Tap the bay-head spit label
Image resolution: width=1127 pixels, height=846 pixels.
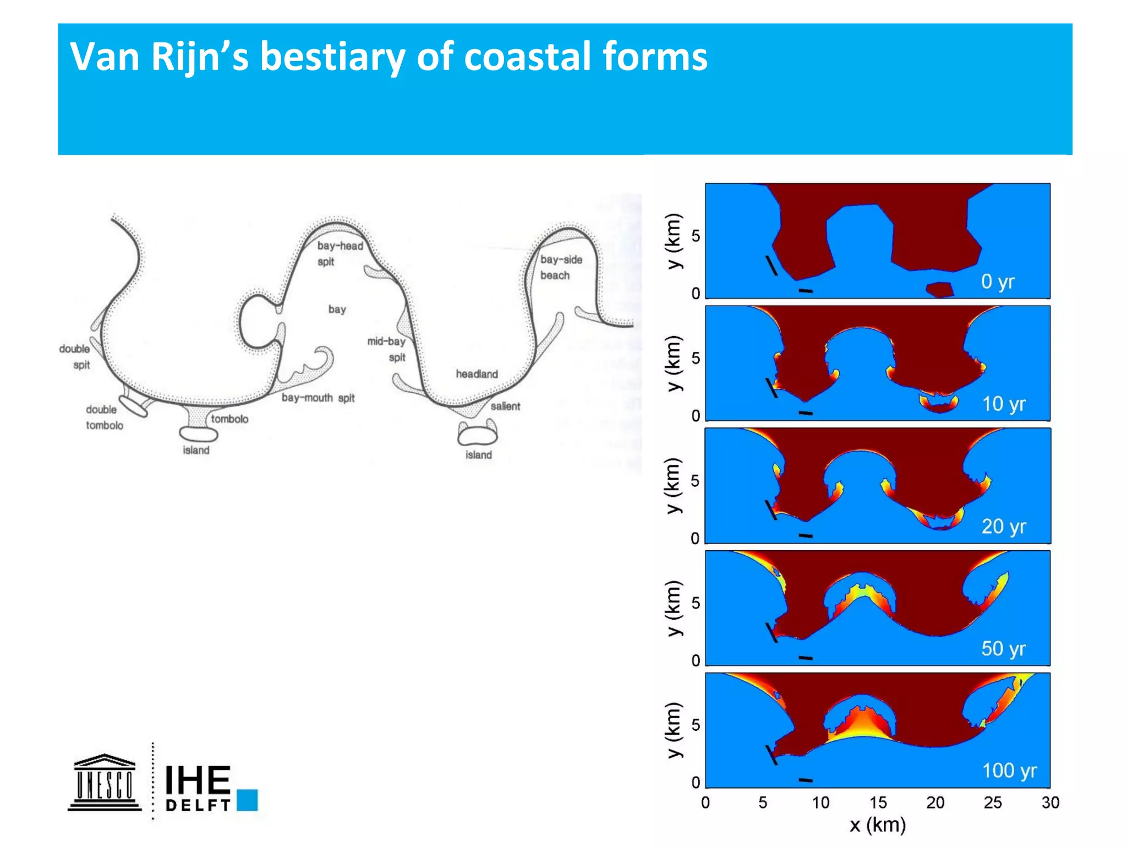(340, 253)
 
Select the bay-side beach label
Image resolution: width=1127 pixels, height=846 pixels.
(561, 267)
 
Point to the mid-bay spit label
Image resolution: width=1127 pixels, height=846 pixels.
(387, 349)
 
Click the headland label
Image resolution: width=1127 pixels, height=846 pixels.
(477, 374)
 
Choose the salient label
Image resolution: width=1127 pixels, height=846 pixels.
(505, 406)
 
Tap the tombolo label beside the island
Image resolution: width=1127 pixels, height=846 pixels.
(229, 419)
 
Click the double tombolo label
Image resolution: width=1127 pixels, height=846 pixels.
(104, 417)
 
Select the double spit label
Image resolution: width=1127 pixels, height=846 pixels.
(75, 356)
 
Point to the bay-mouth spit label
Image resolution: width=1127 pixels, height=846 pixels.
(318, 398)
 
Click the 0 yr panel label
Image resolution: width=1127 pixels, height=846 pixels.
(997, 281)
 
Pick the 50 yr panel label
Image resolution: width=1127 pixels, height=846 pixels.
(1003, 648)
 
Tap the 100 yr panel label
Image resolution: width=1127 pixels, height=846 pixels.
(1009, 770)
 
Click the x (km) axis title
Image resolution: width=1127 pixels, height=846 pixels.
(877, 825)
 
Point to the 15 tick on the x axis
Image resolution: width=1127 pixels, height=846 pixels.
(878, 802)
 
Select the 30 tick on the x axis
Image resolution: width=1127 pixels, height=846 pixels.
(1050, 802)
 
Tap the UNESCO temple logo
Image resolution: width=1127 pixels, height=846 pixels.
(105, 783)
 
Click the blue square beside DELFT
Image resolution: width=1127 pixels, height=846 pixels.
(248, 800)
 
